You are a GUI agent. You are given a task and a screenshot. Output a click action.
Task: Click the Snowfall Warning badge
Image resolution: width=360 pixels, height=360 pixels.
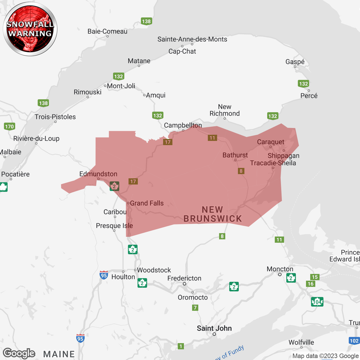[x=30, y=29]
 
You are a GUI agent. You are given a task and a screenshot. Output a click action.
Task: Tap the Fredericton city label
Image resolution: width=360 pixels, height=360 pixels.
[x=184, y=278]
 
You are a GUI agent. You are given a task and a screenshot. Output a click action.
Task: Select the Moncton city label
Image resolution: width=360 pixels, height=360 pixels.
[x=280, y=269]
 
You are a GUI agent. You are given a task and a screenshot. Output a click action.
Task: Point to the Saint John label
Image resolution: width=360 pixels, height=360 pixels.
[x=214, y=328]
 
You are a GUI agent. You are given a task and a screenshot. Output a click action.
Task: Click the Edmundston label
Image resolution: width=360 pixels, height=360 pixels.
[x=98, y=174]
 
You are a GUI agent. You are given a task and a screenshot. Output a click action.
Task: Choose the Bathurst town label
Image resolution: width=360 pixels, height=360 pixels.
[x=235, y=155]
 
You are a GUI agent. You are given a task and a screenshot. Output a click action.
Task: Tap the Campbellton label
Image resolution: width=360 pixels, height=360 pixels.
[x=183, y=125]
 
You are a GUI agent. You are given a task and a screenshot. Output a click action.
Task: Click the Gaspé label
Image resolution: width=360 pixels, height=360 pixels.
[x=295, y=62]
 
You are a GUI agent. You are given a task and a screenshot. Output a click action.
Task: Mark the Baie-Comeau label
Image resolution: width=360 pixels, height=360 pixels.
[x=107, y=31]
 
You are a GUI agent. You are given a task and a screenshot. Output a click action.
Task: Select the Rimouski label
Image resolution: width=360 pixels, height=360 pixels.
[x=87, y=92]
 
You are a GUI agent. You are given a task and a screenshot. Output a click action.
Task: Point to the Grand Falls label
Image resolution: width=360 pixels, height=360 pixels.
[x=147, y=203]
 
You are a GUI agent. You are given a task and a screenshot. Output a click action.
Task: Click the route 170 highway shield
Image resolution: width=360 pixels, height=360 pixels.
[x=10, y=127]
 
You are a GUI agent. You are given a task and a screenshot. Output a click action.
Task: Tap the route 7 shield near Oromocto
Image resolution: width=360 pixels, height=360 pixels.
[x=195, y=308]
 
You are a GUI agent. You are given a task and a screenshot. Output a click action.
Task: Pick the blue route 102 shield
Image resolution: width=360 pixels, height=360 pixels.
[x=354, y=341]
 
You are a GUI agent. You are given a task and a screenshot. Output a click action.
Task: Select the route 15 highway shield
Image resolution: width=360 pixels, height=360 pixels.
[x=315, y=277]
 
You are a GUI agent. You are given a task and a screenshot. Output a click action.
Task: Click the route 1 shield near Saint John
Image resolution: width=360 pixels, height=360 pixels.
[x=181, y=346]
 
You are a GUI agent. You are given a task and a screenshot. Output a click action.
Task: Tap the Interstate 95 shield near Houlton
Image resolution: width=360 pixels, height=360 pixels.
[x=104, y=275]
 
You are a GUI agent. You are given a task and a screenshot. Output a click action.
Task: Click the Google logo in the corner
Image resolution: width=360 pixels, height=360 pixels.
[x=19, y=353]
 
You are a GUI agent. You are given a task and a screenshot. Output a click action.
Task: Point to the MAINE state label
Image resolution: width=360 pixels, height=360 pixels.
[x=59, y=354]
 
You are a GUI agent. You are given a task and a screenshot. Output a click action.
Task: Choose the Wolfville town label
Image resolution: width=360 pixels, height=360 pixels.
[x=301, y=342]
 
